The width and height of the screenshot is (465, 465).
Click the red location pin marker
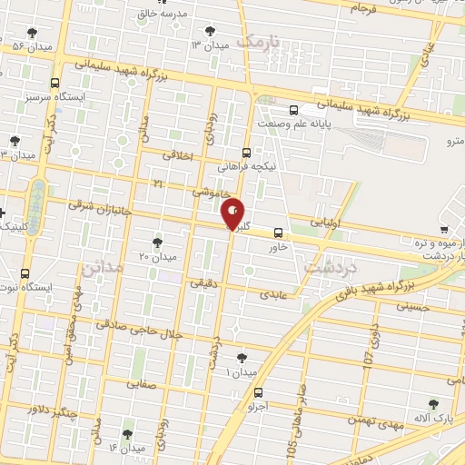pyautogui.click(x=233, y=213)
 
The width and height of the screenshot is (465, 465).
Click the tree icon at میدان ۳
pyautogui.click(x=212, y=30)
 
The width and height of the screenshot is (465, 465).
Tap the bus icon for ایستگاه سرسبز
pyautogui.click(x=56, y=82)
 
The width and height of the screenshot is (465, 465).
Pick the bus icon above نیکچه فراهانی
pyautogui.click(x=246, y=153)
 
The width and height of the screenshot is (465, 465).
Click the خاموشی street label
pyautogui.click(x=209, y=193)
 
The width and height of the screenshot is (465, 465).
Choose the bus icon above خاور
pyautogui.click(x=278, y=232)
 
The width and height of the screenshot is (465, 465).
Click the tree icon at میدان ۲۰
pyautogui.click(x=157, y=242)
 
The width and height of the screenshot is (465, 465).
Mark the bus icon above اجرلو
pyautogui.click(x=260, y=393)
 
